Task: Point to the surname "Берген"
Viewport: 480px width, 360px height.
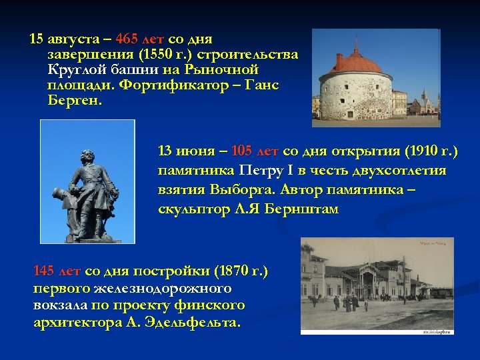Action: coord(74,101)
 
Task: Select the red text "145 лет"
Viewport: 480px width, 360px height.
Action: coord(57,271)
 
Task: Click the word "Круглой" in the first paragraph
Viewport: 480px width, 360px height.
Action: coord(75,70)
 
